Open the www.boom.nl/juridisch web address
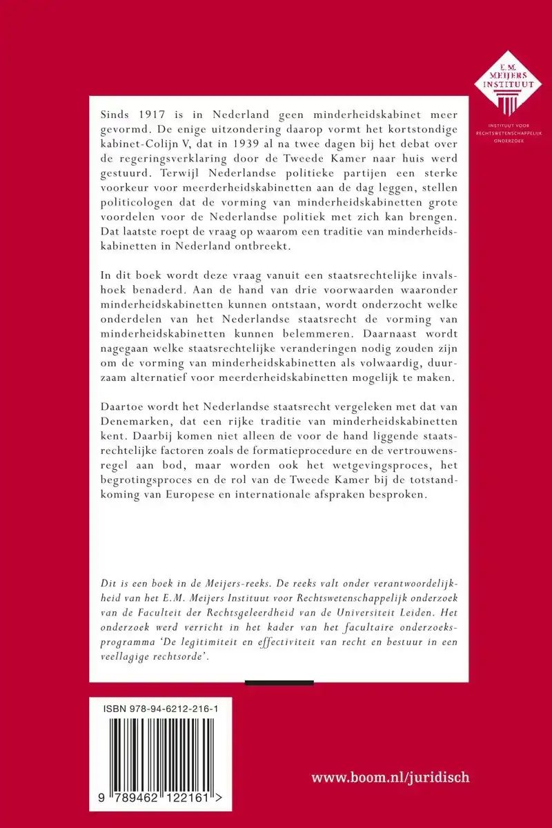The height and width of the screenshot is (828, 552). tap(391, 778)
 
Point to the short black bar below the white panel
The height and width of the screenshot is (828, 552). tap(279, 683)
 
